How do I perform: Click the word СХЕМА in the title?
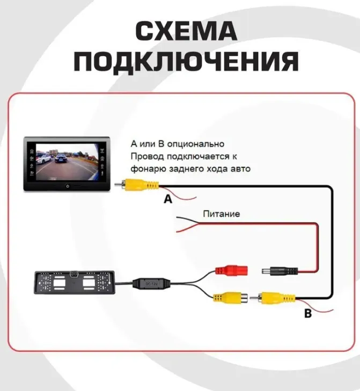point(186,31)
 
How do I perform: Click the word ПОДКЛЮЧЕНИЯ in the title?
point(186,61)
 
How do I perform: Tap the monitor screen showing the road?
point(68,161)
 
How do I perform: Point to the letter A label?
point(168,199)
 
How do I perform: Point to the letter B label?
point(308,313)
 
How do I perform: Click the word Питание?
point(221,214)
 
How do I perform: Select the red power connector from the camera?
point(231,270)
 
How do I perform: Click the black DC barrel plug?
point(280,271)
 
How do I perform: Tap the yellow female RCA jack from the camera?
point(231,298)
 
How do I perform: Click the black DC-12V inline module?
point(151,284)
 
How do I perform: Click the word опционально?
point(196,144)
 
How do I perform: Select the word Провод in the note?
point(147,157)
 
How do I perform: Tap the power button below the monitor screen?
point(68,186)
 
